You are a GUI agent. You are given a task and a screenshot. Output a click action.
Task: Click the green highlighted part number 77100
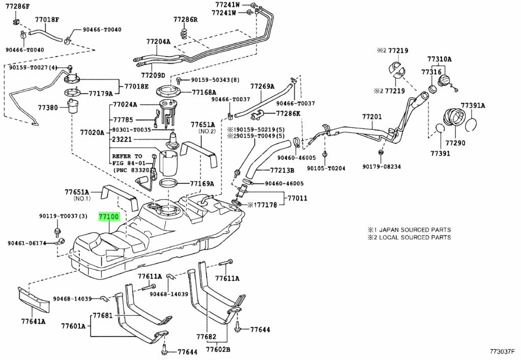point(109,217)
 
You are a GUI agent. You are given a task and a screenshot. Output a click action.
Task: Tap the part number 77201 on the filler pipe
point(372,117)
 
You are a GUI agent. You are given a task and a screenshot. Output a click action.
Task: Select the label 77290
point(455,143)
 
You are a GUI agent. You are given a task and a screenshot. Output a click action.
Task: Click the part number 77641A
point(33,321)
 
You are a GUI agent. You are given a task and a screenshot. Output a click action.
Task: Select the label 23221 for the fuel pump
point(122,140)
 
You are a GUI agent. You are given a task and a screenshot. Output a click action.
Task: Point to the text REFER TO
point(127,156)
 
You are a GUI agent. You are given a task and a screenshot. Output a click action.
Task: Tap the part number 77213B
point(282,171)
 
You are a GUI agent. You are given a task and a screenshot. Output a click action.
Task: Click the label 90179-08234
point(382,167)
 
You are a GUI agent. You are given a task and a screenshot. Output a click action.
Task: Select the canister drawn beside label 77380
point(73,106)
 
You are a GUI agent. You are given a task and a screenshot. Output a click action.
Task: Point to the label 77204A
point(158,42)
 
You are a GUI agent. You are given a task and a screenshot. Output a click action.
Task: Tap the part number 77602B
point(218,349)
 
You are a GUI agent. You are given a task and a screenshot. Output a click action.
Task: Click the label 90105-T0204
point(326,169)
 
